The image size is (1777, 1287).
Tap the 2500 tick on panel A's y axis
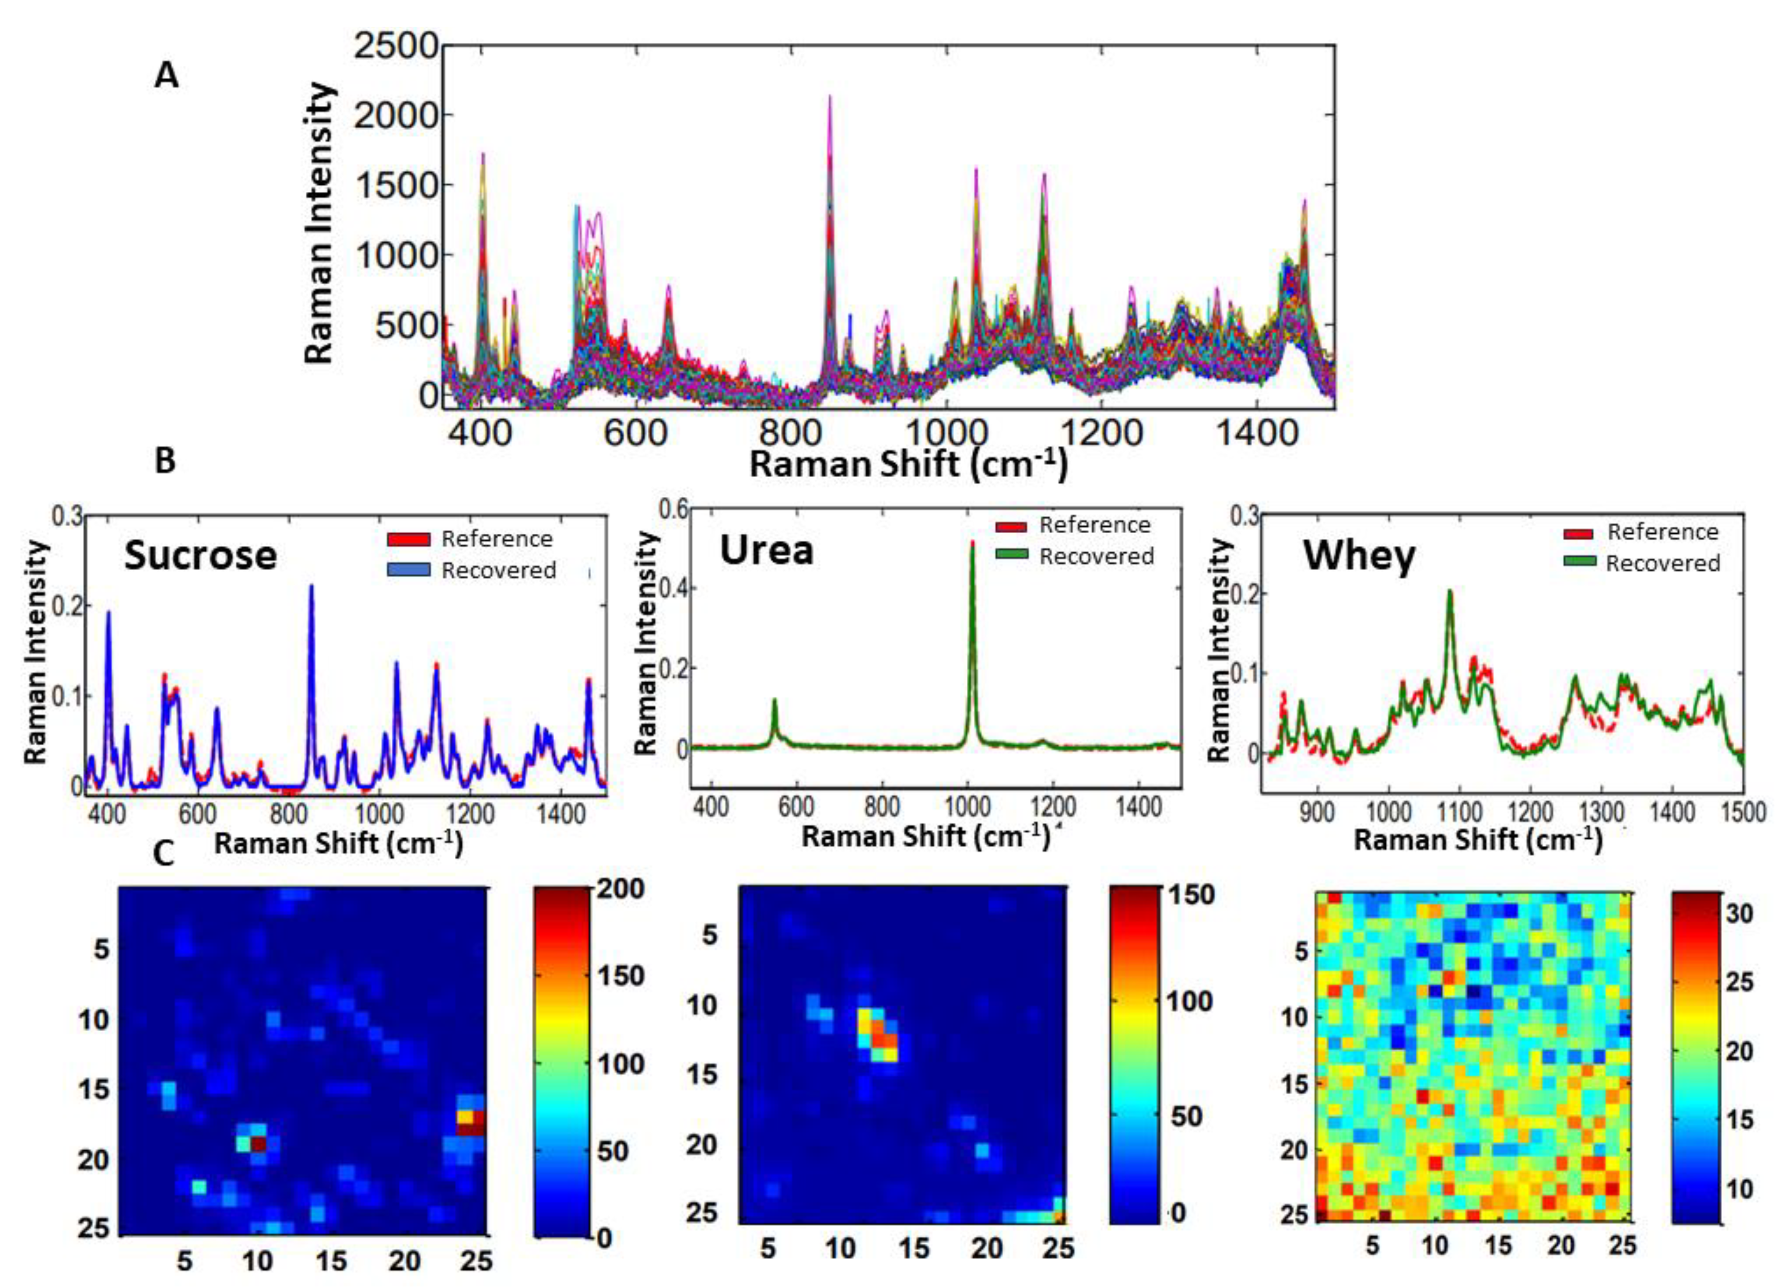pos(395,47)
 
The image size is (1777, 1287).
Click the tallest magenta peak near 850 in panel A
pos(830,98)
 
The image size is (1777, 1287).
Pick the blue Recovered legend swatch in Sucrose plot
pos(408,570)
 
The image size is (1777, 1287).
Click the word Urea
pos(766,551)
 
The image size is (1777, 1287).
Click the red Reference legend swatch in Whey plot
pos(1580,533)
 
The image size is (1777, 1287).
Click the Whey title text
pos(1360,557)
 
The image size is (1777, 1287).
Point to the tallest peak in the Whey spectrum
pos(1449,592)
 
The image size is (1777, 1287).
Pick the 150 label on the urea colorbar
pos(1190,894)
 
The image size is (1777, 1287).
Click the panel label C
pos(163,854)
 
